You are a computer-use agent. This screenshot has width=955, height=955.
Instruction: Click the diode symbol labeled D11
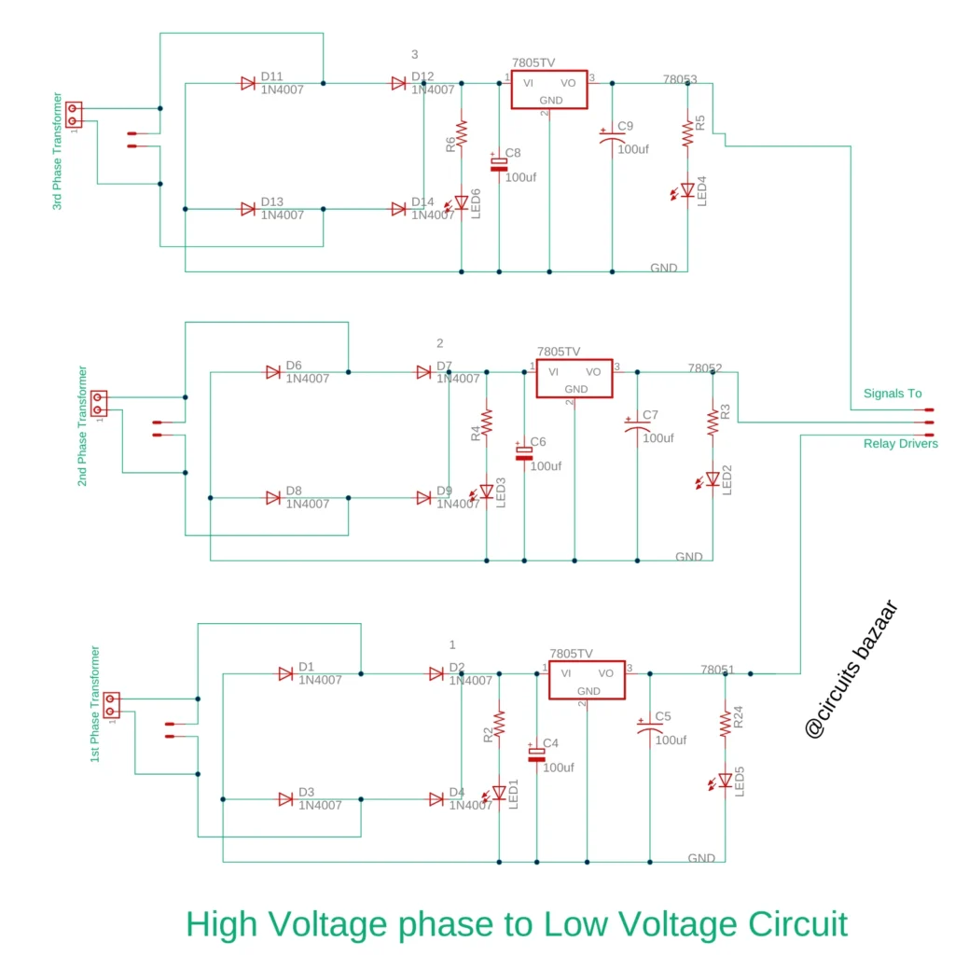pos(248,84)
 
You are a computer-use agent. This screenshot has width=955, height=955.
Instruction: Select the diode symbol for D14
pos(399,210)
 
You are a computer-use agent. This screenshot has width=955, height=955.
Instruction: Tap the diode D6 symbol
pos(273,372)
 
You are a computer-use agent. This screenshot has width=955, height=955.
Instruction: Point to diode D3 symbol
pos(286,799)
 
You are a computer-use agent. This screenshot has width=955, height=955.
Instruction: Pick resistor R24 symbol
pos(725,724)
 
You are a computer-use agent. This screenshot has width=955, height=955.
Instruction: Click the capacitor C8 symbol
pos(499,164)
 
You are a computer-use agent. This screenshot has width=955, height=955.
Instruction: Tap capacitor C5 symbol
pos(649,728)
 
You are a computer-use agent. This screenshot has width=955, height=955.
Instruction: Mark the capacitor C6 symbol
pos(524,452)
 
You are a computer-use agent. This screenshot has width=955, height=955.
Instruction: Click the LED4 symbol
pos(687,189)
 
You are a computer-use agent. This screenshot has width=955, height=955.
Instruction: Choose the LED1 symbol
pos(498,793)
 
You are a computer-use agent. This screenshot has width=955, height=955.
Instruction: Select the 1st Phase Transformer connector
pos(112,705)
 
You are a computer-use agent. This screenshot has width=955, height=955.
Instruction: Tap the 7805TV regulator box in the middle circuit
pos(574,379)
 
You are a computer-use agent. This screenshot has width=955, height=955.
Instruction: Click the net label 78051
pos(717,669)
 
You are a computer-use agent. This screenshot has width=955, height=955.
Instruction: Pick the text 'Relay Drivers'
pos(900,444)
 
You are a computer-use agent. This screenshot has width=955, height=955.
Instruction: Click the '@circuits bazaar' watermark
pos(851,669)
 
